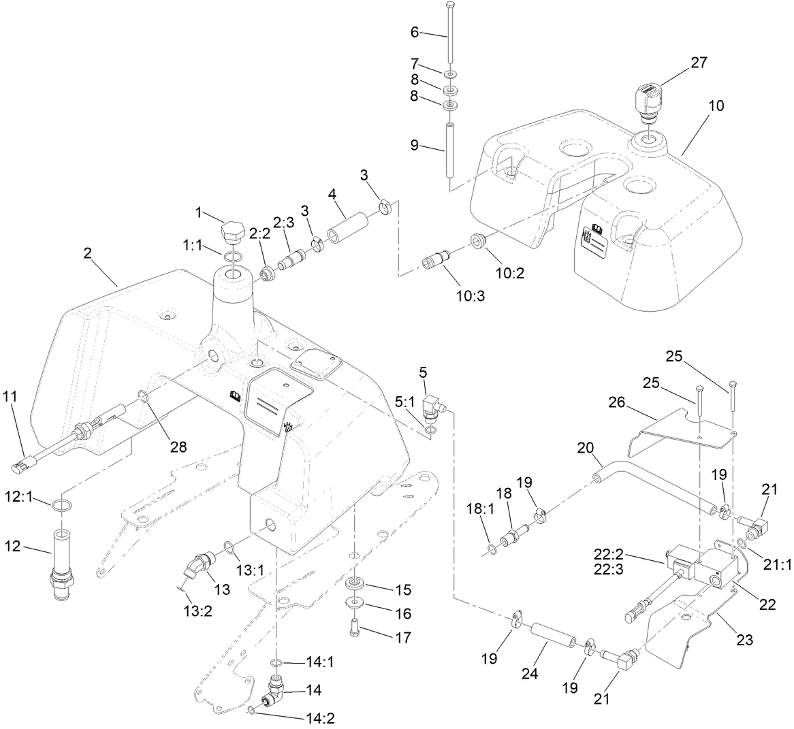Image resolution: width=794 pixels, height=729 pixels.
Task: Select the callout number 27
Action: tap(699, 63)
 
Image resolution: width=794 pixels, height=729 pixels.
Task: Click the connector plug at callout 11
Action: tap(21, 467)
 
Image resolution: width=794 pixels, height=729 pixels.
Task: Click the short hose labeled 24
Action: tap(549, 638)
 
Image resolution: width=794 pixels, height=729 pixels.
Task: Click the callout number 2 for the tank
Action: tap(87, 253)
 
